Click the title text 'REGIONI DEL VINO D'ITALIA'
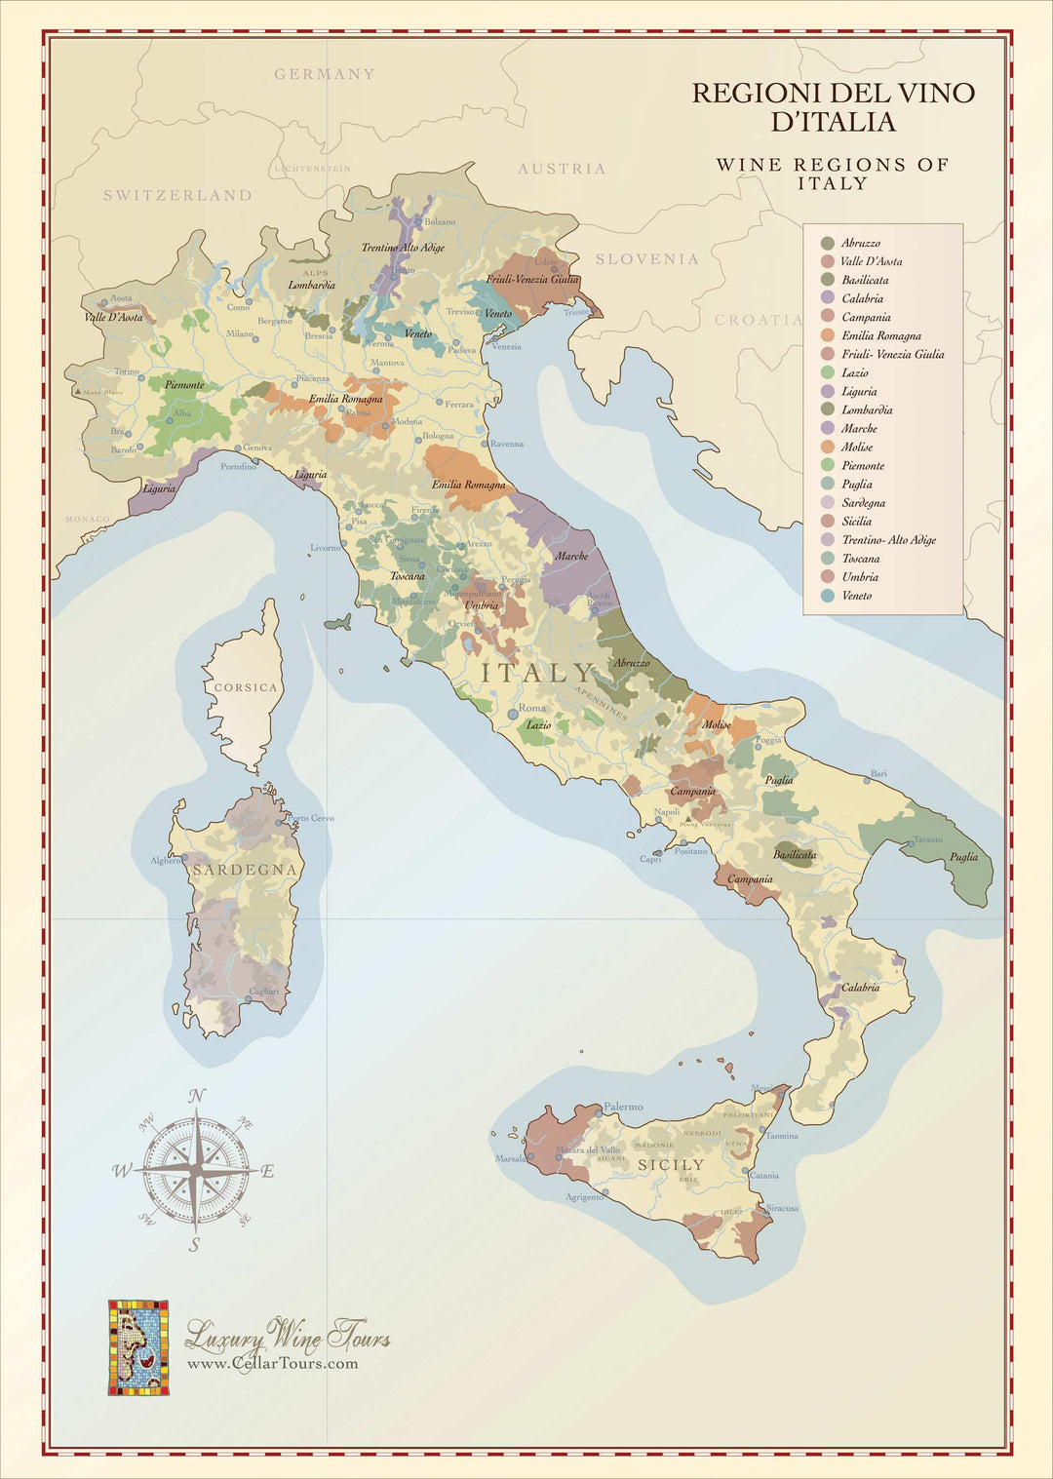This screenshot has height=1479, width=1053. (833, 107)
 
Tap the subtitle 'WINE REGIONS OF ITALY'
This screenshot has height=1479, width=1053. (832, 174)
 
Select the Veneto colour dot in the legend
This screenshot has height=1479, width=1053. (828, 596)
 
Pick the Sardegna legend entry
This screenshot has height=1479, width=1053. (863, 503)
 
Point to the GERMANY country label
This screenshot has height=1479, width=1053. (324, 74)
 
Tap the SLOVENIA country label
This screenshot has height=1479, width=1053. (646, 259)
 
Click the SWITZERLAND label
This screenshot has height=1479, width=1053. (177, 195)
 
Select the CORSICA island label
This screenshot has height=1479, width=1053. (246, 687)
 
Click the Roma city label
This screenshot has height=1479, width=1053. (531, 708)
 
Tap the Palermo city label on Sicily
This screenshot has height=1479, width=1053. (623, 1107)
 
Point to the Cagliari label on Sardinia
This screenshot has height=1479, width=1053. (263, 992)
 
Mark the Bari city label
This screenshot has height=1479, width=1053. (878, 773)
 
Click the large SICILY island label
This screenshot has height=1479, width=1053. (670, 1165)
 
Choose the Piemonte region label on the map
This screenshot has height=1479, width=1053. (184, 385)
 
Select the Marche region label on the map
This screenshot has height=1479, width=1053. (571, 556)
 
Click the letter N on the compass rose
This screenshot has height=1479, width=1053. (196, 1096)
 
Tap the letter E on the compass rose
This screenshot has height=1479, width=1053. (268, 1171)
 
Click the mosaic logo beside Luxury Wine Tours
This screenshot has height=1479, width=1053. (137, 1346)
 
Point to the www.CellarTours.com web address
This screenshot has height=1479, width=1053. (272, 1363)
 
